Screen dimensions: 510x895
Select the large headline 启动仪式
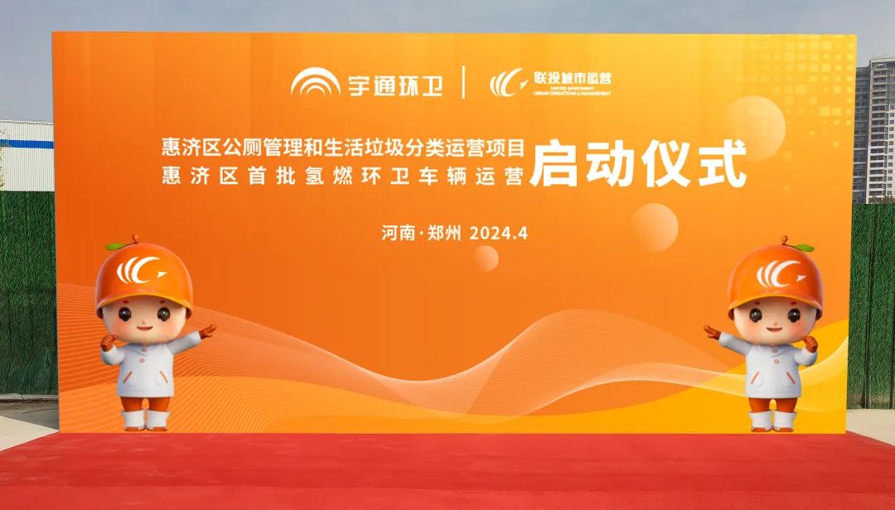(x=639, y=164)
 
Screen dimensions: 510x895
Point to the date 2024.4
(x=499, y=233)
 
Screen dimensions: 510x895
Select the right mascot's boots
(x=772, y=418)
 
